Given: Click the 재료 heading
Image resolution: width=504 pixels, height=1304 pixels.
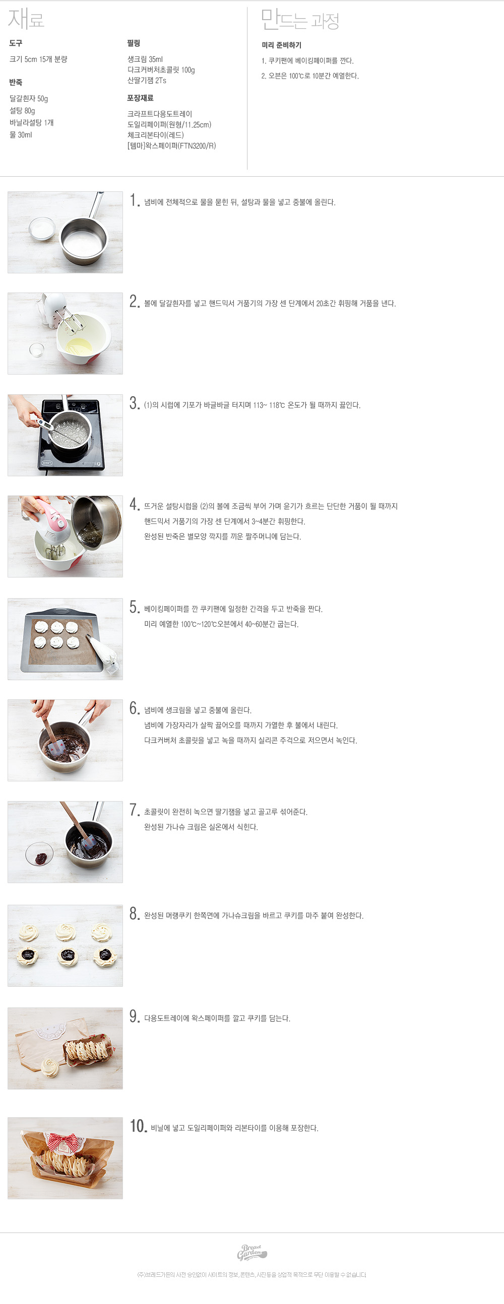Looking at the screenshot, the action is [x=26, y=19].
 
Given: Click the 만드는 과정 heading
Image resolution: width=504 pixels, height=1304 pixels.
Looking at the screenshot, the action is [x=300, y=20].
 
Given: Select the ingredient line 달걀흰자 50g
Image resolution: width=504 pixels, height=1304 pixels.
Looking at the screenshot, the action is [x=29, y=99].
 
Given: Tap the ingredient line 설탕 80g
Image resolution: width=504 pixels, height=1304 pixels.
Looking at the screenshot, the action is [x=22, y=111].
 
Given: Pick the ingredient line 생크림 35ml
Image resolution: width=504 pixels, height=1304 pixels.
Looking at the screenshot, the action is [x=145, y=59].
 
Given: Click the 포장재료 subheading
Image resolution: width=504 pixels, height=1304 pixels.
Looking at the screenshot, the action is [x=140, y=98].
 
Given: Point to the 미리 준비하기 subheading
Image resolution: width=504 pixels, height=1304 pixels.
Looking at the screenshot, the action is [x=281, y=45].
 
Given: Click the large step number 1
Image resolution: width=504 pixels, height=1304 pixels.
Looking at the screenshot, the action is [x=134, y=200].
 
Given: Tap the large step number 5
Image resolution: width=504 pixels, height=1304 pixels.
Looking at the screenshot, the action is [x=134, y=607].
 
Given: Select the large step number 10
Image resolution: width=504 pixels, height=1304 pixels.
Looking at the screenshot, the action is [x=138, y=1126].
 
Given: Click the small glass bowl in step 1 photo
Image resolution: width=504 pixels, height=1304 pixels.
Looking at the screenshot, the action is [x=42, y=228].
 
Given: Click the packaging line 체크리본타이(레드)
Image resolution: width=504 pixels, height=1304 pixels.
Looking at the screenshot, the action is [x=156, y=135].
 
